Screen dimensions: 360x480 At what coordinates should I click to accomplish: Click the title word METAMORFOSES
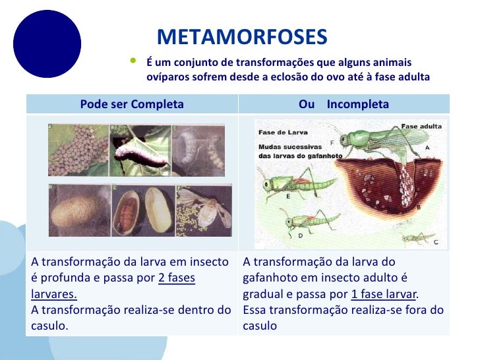tap(242, 38)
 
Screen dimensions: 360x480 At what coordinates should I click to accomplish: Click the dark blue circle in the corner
tap(47, 44)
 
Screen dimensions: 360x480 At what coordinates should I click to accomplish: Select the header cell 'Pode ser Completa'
tap(131, 104)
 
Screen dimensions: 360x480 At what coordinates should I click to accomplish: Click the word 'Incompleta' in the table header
tap(357, 104)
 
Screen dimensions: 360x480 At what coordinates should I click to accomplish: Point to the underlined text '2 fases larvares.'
tap(112, 285)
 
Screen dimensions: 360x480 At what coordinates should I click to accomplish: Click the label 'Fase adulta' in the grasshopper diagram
tap(421, 125)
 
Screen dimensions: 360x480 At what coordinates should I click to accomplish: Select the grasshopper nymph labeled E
tap(283, 185)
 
